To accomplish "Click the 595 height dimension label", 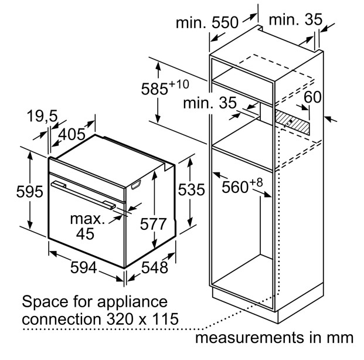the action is [x=30, y=192].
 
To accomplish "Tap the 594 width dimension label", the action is [x=83, y=267].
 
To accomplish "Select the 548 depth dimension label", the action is [x=155, y=267].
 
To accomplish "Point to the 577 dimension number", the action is [x=153, y=224].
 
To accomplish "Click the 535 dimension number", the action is [x=191, y=189].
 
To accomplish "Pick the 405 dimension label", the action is [x=72, y=134].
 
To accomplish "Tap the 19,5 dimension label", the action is [x=42, y=116].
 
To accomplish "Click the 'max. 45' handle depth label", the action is [x=87, y=226].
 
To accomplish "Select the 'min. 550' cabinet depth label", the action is [x=207, y=23].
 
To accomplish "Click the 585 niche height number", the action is [x=154, y=89].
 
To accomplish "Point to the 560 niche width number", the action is [x=235, y=187].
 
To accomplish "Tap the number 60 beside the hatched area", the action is [x=312, y=97].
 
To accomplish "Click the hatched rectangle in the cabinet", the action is [x=292, y=122].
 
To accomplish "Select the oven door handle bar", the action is [x=83, y=195].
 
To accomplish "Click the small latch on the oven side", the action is [x=136, y=185].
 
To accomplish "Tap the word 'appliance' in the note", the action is [x=132, y=303].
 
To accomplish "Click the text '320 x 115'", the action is [x=142, y=318].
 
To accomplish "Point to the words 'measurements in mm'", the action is [x=274, y=338].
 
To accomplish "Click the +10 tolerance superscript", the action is [x=179, y=84].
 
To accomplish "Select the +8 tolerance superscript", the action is [x=256, y=182].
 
